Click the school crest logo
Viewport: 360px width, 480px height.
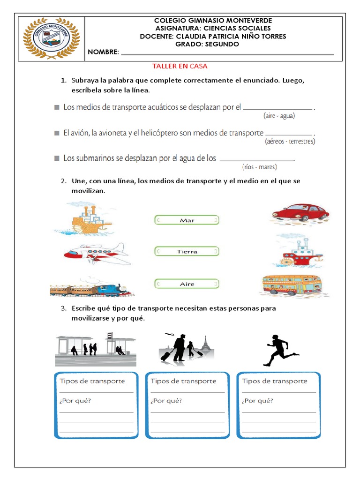(x=51, y=38)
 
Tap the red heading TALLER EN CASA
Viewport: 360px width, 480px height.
(x=180, y=67)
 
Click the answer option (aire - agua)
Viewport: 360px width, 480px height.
(x=279, y=115)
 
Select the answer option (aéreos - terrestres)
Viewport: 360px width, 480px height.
(x=290, y=141)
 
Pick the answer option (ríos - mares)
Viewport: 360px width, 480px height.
(x=260, y=166)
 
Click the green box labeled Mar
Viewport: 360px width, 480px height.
(x=187, y=220)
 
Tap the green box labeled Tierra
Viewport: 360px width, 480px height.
(x=187, y=252)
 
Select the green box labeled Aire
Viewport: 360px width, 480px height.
(x=187, y=284)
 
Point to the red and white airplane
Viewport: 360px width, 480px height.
(x=96, y=253)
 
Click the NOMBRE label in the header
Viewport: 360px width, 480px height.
(x=103, y=52)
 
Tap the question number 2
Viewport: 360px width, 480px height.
(x=63, y=181)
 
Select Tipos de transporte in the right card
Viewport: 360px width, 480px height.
(x=275, y=381)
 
